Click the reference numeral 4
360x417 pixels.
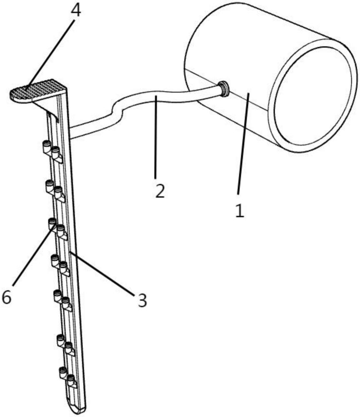tap(76, 11)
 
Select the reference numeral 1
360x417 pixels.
tap(239, 211)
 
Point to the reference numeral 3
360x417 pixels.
tap(142, 300)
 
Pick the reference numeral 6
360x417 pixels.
tap(6, 297)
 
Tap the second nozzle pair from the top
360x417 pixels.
tap(55, 190)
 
